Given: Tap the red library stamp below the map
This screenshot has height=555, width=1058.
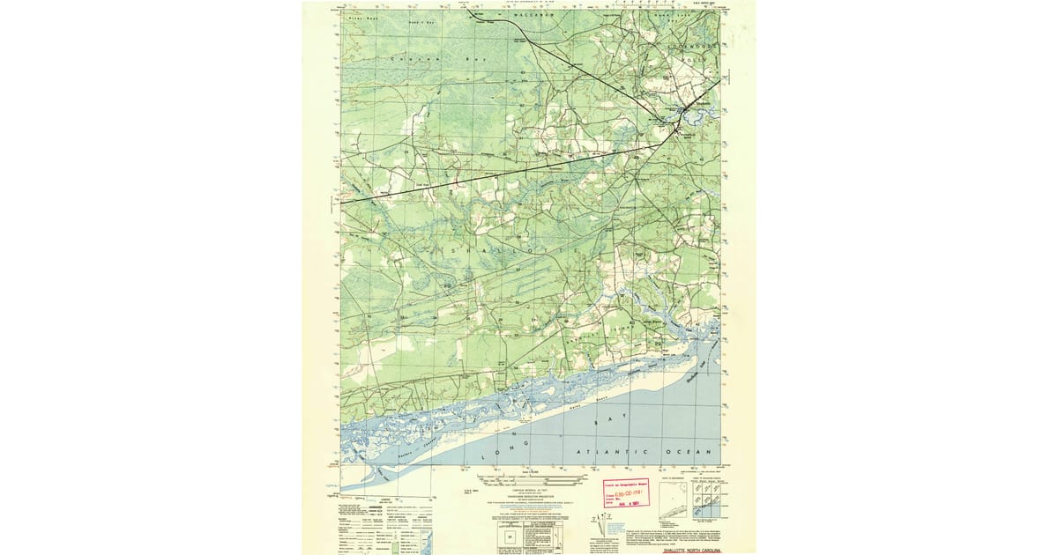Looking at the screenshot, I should pyautogui.click(x=624, y=493).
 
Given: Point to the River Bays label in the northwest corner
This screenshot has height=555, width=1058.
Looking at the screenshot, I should pyautogui.click(x=361, y=18).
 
